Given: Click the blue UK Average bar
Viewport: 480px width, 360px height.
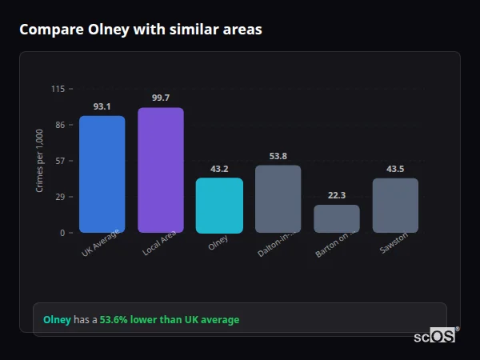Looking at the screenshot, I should [x=102, y=174].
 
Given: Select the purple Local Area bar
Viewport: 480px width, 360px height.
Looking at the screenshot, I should [x=160, y=170].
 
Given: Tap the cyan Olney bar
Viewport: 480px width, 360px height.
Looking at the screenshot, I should [x=219, y=206].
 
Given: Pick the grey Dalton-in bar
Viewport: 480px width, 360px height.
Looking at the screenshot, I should [x=278, y=199].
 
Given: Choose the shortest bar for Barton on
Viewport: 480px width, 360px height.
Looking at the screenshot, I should [x=336, y=219].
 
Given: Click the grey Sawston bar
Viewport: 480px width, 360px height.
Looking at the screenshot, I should [x=395, y=206].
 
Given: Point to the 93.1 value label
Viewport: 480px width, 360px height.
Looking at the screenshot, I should [x=102, y=106].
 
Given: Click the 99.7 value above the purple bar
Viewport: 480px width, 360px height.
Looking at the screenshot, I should [x=160, y=98].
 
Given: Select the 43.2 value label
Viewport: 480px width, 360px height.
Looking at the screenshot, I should [x=219, y=169].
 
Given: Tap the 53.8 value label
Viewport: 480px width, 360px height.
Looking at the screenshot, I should [x=278, y=156].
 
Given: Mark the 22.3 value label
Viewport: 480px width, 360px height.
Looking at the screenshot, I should [x=336, y=195].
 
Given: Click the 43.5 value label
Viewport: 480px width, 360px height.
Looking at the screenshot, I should [x=395, y=169].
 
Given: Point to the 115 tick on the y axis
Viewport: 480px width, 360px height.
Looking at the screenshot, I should [x=58, y=89].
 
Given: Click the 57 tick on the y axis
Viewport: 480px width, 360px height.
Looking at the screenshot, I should [x=60, y=161].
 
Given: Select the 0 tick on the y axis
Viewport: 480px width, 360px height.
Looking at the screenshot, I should [x=62, y=233].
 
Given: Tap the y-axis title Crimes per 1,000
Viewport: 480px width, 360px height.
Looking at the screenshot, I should [x=40, y=160].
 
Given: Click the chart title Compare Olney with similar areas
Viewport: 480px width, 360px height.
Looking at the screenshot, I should [x=140, y=30].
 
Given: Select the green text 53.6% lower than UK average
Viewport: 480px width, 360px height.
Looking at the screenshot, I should [x=169, y=320].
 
